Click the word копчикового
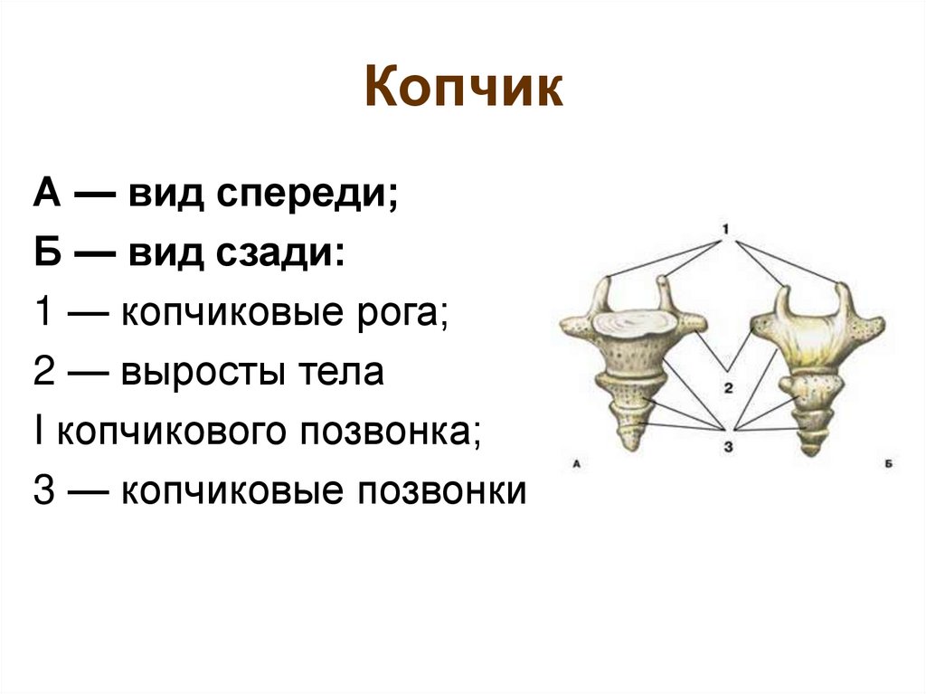tap(164, 432)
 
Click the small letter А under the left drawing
tap(576, 467)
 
